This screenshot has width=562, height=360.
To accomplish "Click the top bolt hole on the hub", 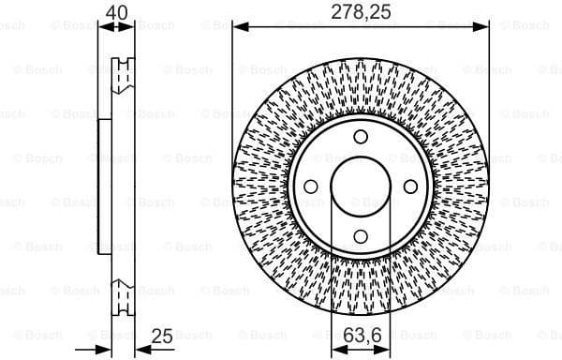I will [361, 137].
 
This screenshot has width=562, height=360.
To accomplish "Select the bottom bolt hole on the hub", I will [361, 235].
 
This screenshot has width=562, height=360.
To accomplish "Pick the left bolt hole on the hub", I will [311, 187].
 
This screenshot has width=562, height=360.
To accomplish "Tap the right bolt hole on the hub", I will [410, 187].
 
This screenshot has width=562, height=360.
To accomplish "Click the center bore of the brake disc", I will [361, 187].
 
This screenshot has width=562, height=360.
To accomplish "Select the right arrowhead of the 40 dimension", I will [130, 26].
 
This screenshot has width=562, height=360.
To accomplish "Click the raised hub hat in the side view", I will [104, 187].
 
